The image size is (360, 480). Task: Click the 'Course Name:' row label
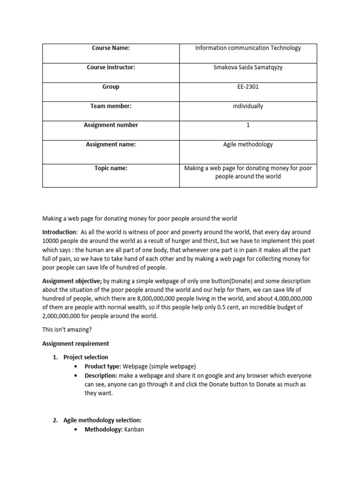tap(111, 48)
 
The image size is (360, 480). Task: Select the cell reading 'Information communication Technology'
tap(248, 48)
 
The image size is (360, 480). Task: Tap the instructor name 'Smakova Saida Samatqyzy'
tap(248, 67)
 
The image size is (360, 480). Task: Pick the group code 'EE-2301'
tap(248, 87)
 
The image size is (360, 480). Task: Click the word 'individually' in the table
tap(248, 106)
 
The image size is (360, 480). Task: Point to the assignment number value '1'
tap(248, 125)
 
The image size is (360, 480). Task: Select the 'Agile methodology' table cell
tap(248, 144)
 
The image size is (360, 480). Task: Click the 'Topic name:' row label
tap(111, 168)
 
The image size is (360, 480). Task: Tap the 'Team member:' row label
tap(111, 106)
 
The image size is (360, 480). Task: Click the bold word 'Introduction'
tap(59, 232)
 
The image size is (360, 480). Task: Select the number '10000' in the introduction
tap(51, 241)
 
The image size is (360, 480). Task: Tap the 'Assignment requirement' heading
tap(75, 344)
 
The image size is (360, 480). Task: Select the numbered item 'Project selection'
tap(86, 357)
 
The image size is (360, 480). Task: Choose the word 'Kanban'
tap(134, 429)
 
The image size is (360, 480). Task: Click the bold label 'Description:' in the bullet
tap(101, 376)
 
